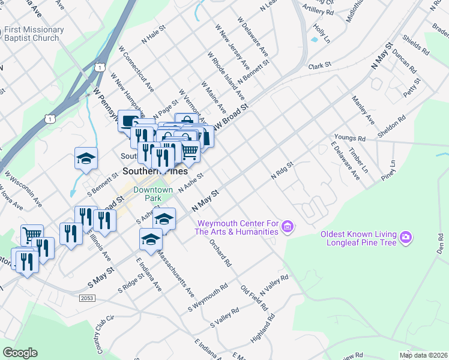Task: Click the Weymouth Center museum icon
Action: point(288,227)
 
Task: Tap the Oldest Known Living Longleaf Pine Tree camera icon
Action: point(406,238)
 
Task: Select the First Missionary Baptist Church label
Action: point(34,34)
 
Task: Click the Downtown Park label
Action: point(153,193)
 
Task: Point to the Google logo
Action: point(19,352)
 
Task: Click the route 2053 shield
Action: point(88,298)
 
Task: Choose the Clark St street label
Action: point(320,65)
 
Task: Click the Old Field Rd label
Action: point(254,298)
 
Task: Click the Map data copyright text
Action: point(423,355)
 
